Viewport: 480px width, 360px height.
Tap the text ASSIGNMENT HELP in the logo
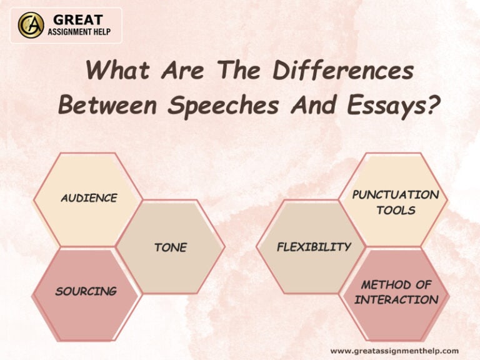click(79, 32)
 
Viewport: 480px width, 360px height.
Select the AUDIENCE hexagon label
click(89, 198)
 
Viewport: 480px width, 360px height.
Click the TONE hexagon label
click(171, 247)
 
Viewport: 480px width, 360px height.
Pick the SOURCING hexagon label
click(86, 291)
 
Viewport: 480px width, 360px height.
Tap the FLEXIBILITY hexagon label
click(314, 247)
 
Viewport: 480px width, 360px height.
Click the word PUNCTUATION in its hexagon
click(396, 194)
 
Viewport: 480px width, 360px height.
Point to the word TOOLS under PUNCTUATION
click(396, 210)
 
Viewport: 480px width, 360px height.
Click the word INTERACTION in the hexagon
click(396, 299)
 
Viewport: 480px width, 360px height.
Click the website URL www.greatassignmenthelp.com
click(394, 351)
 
